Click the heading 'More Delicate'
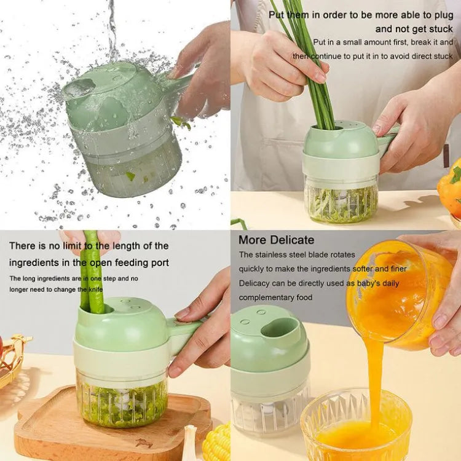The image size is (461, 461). [276, 240]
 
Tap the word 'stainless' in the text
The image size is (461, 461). [269, 254]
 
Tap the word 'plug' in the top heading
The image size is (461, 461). [444, 15]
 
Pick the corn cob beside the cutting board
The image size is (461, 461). [217, 443]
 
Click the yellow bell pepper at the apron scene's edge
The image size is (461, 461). [450, 189]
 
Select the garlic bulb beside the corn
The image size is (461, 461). [192, 444]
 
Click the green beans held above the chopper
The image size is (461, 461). [92, 272]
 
